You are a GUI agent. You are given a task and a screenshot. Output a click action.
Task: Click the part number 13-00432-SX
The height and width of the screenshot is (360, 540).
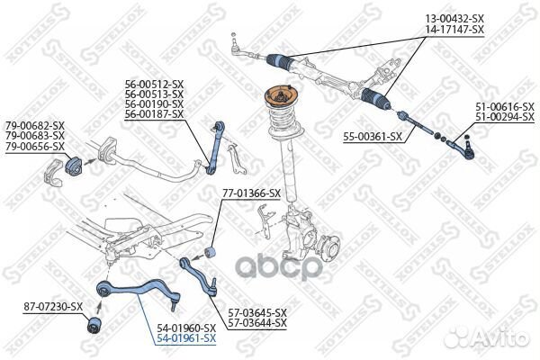[x=454, y=18]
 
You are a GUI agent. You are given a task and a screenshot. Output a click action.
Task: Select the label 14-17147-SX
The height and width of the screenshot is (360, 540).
[x=454, y=29]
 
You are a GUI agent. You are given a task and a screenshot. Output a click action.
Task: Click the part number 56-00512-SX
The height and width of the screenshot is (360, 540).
[x=155, y=84]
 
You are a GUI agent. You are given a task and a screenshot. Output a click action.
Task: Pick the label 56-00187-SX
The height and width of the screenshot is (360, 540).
[x=155, y=114]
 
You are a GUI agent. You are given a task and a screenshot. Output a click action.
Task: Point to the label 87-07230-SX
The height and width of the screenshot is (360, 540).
[x=53, y=307]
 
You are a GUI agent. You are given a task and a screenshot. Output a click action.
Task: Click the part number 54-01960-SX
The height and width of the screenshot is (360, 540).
[x=186, y=328]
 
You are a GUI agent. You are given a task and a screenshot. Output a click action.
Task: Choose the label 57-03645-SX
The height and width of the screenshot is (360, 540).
[x=256, y=311]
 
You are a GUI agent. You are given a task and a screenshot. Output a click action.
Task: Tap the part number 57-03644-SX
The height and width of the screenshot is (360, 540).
[x=256, y=322]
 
